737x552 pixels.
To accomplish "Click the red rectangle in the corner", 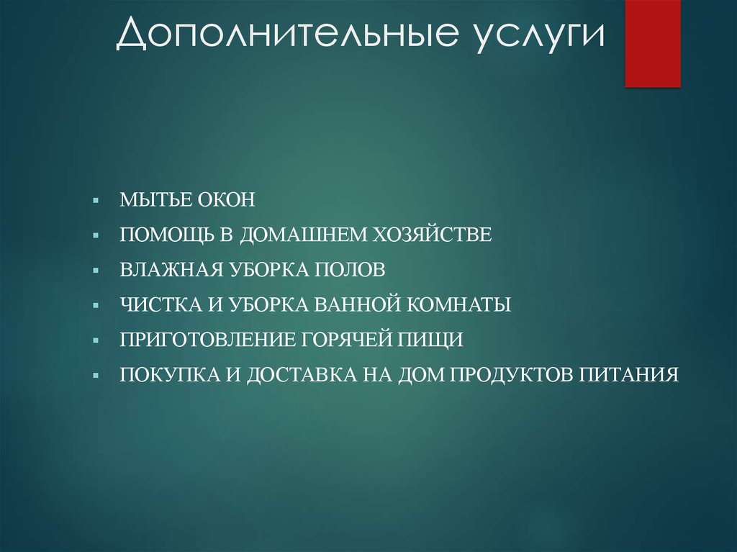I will point(652,43).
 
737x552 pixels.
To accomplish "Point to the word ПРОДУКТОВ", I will point(510,375).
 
